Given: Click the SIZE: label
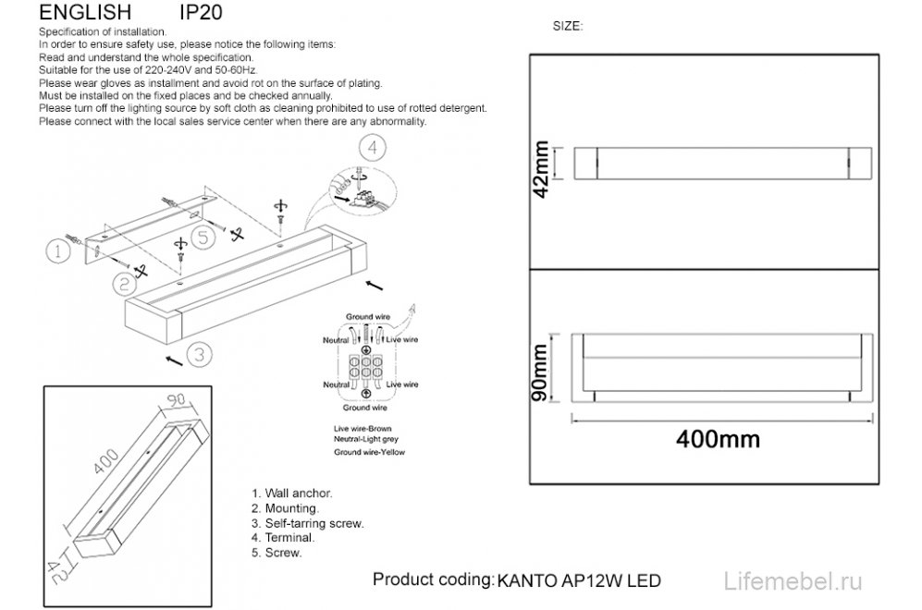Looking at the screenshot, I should [x=567, y=27].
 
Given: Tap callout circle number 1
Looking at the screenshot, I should [x=57, y=250].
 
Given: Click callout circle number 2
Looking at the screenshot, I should [x=122, y=284].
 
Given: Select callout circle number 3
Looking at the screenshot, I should [x=201, y=354].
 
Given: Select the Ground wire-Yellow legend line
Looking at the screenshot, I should [x=369, y=453].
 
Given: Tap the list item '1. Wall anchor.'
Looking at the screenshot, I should [x=291, y=494].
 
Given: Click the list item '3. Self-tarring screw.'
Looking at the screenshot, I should [x=307, y=523].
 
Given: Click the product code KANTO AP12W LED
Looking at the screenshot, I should [x=579, y=581].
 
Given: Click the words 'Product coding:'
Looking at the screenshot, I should [x=431, y=579].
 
